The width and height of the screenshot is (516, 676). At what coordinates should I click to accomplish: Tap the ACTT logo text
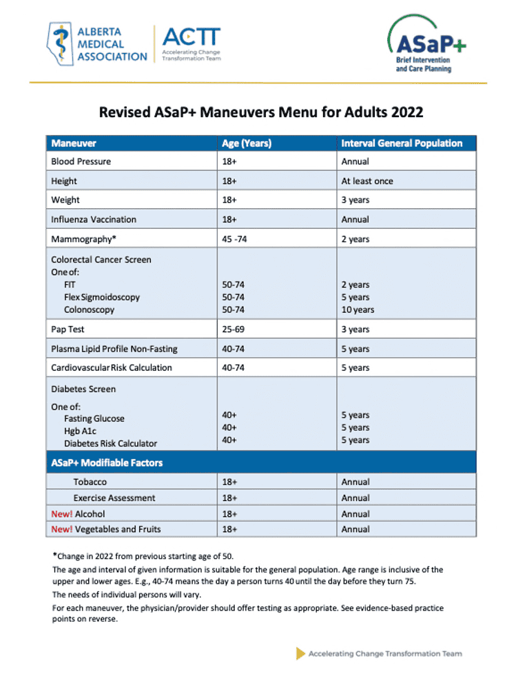coord(191,37)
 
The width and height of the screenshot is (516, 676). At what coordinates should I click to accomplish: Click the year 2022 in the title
coord(406,112)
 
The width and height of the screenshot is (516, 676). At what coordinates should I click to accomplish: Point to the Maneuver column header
coord(74,143)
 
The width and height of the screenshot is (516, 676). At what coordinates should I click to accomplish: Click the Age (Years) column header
coord(247,143)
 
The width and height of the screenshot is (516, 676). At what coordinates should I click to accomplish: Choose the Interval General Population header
coord(402,143)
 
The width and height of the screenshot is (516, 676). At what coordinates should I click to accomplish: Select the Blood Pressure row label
coord(81,161)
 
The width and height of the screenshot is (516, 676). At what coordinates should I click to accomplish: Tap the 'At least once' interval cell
coord(367,181)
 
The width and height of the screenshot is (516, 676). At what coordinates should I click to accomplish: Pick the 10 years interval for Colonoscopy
coord(358,309)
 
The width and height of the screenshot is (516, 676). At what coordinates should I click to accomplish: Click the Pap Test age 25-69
coord(234,329)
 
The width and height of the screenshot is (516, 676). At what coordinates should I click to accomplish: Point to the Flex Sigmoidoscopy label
coord(102,297)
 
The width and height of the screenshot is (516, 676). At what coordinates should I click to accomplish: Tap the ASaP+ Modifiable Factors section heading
coord(107,462)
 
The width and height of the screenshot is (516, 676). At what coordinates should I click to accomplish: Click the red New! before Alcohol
coord(61,513)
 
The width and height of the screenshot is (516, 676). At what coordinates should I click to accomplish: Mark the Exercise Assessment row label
coord(114,498)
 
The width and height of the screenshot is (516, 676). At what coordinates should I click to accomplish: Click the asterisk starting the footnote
coord(54,554)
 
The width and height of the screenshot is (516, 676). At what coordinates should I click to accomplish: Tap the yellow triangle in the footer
coord(300,653)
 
